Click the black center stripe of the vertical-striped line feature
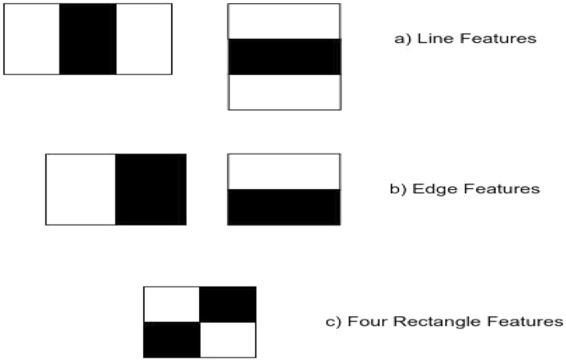coord(88,39)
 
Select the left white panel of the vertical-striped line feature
coord(32,39)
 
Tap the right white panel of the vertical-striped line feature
coord(144,39)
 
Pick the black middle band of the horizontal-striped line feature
coord(283,56)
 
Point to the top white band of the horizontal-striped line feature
coord(283,21)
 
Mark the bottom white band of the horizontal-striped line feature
coord(283,92)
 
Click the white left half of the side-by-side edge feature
coord(80,189)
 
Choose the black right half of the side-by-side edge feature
coord(150,189)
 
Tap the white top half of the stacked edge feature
coord(283,171)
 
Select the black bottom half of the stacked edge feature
coord(283,206)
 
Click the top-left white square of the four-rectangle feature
coord(172,304)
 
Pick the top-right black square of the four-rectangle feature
coord(228,304)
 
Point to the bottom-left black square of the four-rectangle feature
coord(172,339)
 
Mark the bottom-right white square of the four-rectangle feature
coord(228,339)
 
